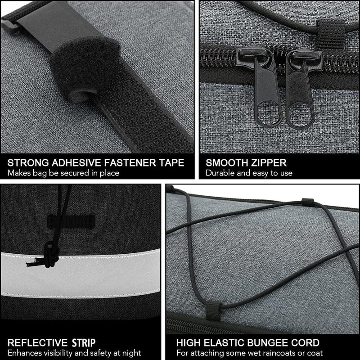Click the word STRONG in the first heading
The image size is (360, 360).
pyautogui.click(x=28, y=163)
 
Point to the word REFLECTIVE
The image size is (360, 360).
pyautogui.click(x=37, y=343)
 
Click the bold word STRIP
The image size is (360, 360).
pyautogui.click(x=84, y=343)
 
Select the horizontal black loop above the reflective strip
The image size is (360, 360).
pyautogui.click(x=71, y=222)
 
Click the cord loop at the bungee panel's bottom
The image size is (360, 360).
pyautogui.click(x=213, y=310)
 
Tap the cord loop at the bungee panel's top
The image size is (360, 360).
pyautogui.click(x=308, y=202)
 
